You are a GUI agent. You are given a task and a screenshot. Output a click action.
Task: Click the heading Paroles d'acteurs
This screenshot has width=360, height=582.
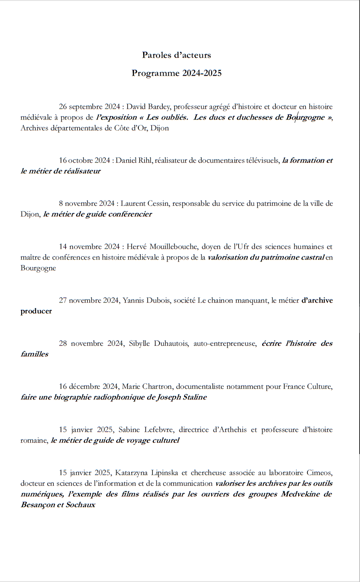[176, 55]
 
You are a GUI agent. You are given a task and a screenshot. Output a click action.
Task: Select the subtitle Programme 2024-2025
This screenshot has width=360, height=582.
[176, 73]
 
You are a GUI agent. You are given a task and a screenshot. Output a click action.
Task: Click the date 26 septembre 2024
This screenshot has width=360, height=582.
[89, 107]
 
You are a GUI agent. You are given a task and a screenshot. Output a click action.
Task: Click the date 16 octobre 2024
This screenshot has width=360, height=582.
[85, 160]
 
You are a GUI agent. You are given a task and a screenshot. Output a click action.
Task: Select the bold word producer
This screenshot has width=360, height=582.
[36, 311]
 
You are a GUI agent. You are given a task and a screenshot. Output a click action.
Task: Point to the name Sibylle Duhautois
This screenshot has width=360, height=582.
[159, 343]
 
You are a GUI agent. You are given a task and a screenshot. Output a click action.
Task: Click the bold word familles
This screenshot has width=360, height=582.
[34, 354]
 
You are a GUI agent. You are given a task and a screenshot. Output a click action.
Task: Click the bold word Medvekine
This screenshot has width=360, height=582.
[300, 494]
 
